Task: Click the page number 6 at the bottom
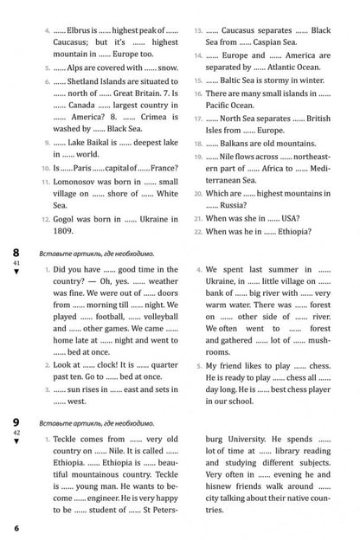pos(16,528)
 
